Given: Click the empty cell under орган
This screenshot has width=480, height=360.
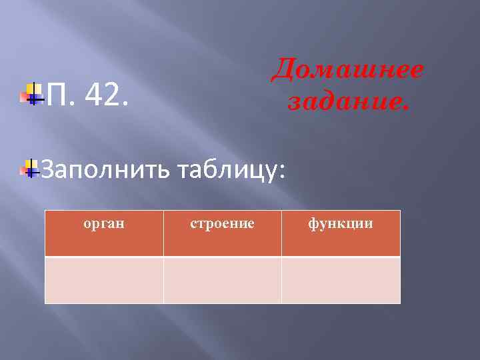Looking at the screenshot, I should (104, 280).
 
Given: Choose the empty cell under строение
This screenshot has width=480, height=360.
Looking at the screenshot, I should (222, 280).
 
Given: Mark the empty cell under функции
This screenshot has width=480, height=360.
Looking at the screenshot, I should (341, 280).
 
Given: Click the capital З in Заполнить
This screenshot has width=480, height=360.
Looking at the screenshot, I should (49, 170).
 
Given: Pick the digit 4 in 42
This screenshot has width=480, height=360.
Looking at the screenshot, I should (93, 97).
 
